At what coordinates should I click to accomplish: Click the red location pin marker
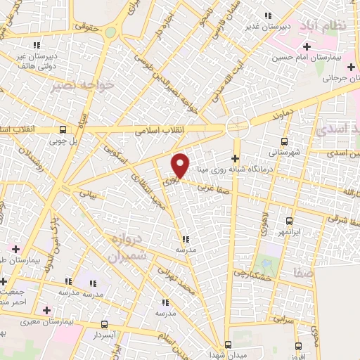[x=181, y=165]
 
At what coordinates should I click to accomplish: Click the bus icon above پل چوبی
[x=63, y=130]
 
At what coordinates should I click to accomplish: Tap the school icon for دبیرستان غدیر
[x=266, y=16]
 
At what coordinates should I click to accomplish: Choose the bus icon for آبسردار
[x=105, y=324]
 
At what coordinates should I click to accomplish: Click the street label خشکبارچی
[x=250, y=275]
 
